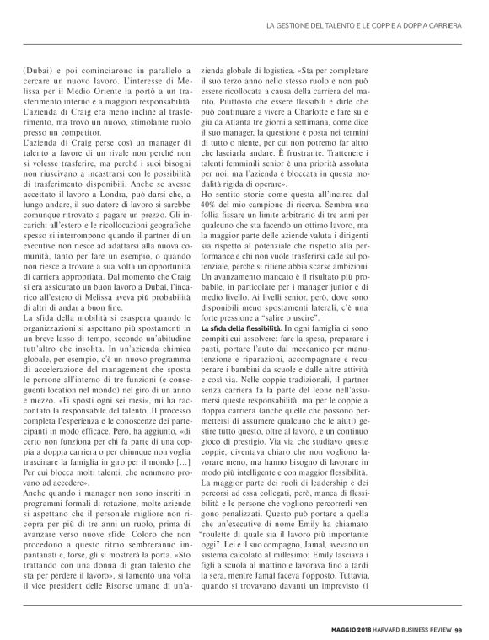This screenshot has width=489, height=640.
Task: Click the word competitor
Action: [x=95, y=133]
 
